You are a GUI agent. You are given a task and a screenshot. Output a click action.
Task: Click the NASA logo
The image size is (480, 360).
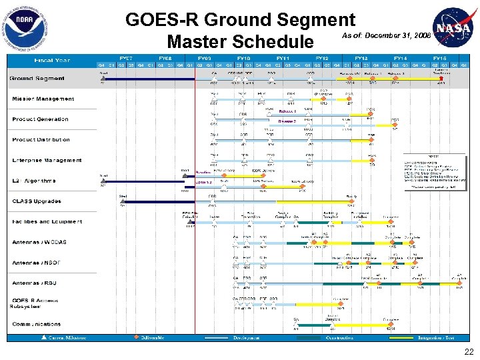click(455, 27)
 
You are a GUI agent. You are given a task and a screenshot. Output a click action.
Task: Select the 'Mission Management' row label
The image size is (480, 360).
click(43, 99)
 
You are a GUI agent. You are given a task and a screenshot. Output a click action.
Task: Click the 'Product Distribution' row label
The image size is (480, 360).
click(41, 140)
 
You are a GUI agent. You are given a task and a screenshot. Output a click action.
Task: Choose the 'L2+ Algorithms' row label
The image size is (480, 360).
click(34, 181)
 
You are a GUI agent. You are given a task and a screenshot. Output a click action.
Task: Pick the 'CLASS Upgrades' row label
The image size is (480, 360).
click(37, 201)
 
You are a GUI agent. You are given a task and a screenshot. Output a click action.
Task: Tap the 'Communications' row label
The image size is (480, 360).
click(37, 324)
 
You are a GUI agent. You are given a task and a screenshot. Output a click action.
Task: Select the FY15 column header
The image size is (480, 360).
click(440, 58)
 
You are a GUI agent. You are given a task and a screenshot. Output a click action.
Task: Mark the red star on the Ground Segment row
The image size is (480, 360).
click(441, 78)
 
